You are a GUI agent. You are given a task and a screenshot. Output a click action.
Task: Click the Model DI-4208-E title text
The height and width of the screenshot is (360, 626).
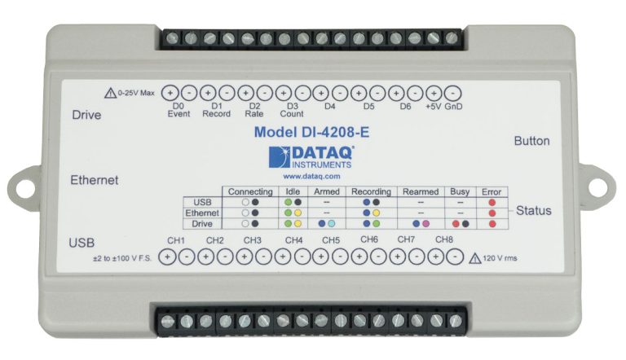coord(311,132)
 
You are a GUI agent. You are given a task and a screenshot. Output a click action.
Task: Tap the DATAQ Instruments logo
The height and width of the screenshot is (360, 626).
coord(311,157)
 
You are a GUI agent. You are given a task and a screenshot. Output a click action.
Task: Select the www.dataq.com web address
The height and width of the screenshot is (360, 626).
coord(311,176)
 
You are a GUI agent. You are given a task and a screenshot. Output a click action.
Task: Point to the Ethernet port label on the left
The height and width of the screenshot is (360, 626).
coord(95,180)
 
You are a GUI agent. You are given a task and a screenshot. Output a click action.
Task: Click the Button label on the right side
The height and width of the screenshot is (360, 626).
coord(531,141)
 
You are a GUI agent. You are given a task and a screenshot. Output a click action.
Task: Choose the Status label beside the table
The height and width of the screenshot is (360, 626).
coord(533,210)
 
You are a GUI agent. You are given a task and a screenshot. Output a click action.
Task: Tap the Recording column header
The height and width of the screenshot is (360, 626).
coord(371,191)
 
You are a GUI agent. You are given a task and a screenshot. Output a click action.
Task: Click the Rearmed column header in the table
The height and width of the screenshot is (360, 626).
coord(421,191)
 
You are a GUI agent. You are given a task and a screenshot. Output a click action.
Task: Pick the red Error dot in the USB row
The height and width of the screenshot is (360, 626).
coord(492,202)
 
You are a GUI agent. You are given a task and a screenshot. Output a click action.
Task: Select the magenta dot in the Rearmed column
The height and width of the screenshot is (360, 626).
coord(425,224)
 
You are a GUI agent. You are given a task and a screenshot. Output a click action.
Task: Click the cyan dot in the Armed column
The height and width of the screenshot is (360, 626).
coord(332,224)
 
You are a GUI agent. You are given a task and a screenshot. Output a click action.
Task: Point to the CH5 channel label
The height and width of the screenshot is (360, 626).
coord(331,240)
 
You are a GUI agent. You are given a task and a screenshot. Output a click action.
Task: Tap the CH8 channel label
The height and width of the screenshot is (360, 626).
coord(444,239)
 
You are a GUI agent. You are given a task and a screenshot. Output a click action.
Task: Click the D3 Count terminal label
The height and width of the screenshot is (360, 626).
coord(292,110)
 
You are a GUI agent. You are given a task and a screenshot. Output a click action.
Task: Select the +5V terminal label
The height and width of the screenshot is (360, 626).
coord(433,107)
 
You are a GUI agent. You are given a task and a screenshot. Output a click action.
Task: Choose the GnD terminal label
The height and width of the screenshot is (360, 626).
coord(453,107)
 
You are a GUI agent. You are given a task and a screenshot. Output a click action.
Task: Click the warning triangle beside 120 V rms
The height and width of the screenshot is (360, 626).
coord(474,259)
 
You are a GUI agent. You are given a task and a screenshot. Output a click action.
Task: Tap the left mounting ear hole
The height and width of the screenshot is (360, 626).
coord(24,187)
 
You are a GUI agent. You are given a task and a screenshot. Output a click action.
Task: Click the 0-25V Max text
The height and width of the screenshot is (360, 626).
coord(136,93)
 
